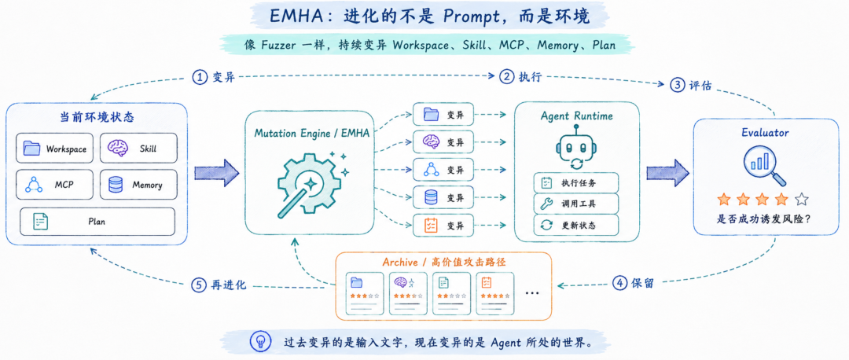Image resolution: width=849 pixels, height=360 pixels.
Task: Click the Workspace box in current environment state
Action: [55, 148]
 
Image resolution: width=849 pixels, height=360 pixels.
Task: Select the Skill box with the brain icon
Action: [138, 148]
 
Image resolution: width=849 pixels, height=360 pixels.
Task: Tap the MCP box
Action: [55, 185]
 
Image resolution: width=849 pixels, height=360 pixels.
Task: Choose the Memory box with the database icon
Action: [138, 185]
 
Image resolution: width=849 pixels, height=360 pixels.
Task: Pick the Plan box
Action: [97, 222]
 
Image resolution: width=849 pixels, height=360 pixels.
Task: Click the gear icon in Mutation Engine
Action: [309, 186]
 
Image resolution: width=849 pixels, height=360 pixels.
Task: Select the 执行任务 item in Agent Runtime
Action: [576, 183]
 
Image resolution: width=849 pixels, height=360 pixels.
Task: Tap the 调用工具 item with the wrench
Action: [576, 204]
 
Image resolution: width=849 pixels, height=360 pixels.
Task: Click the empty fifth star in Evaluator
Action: [802, 200]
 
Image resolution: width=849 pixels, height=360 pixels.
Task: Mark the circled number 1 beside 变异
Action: [200, 77]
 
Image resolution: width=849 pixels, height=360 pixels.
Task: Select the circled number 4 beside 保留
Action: [619, 283]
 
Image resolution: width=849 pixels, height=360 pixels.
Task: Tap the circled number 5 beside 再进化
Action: [199, 285]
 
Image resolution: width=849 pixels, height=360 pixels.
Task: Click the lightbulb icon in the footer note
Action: [260, 341]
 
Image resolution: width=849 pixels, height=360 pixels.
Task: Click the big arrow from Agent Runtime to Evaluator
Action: [667, 172]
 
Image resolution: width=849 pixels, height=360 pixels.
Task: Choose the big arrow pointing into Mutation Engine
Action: [217, 172]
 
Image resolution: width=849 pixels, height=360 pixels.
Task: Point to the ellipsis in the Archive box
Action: [533, 293]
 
